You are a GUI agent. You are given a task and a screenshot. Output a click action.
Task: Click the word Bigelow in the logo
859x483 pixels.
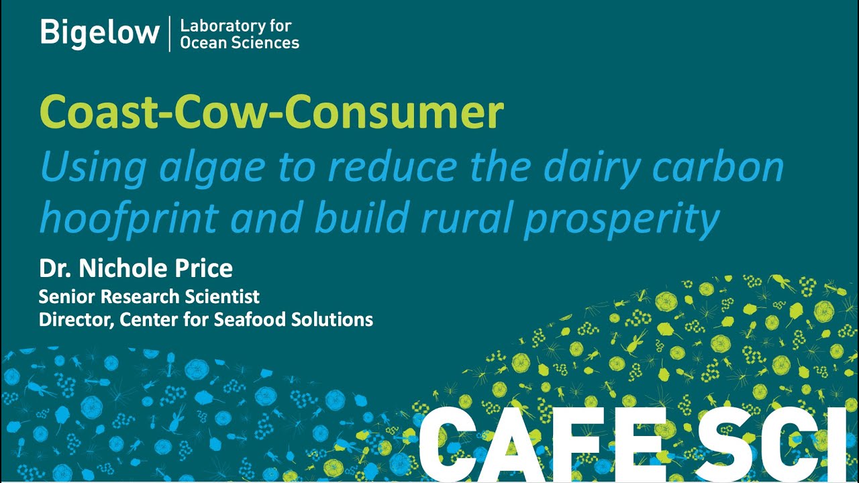(99, 33)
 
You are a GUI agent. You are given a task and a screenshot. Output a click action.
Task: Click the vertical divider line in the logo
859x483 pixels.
(169, 34)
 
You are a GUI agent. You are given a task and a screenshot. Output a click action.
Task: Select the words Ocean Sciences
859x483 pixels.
(240, 44)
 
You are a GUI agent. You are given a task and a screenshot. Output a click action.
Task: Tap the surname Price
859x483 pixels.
(202, 269)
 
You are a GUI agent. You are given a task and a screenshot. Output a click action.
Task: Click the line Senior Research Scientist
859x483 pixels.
(149, 297)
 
